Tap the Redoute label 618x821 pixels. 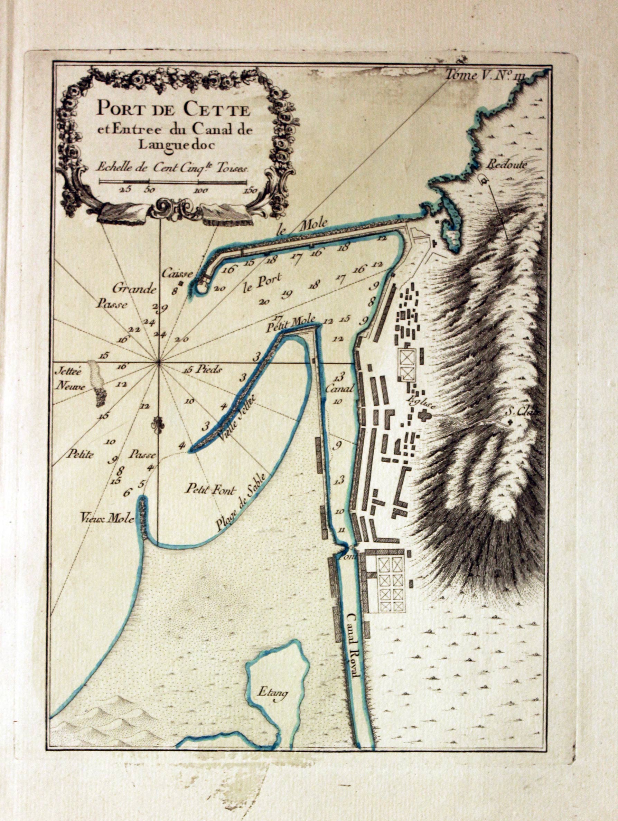pos(507,166)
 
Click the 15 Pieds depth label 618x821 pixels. pos(203,369)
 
